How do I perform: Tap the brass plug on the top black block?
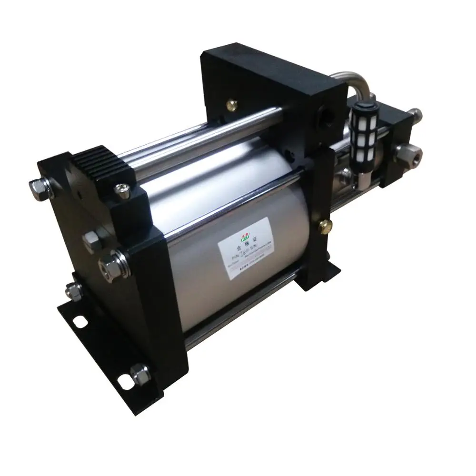233,103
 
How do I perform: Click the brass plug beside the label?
326,225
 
